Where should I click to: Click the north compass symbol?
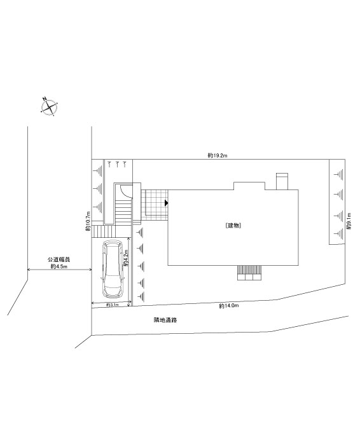pos(50,107)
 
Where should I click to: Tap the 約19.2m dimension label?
pos(218,156)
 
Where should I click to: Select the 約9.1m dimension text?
pos(349,221)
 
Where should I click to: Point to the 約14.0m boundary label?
pos(229,306)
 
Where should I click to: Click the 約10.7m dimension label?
pos(88,221)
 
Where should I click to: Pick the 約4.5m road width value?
pos(59,266)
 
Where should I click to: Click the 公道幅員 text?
pos(59,259)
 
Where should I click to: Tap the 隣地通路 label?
pos(165,320)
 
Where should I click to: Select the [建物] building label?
pos(233,226)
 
